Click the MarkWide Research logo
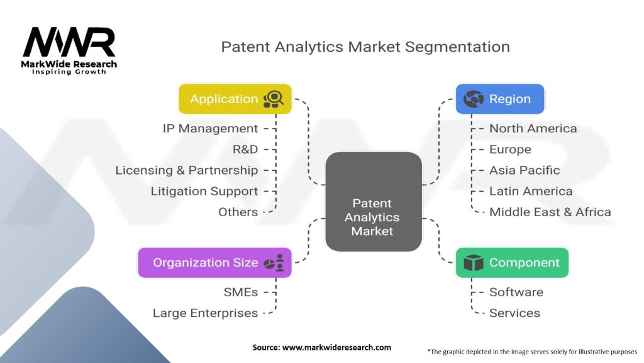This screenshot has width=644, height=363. [x=69, y=50]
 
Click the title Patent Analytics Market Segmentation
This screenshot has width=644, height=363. [x=365, y=47]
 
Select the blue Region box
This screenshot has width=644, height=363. [x=499, y=99]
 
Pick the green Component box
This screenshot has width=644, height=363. [x=512, y=263]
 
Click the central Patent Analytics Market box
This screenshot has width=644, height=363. [x=372, y=217]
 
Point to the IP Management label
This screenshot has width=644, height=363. [x=210, y=129]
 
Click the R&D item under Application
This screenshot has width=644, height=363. [x=245, y=149]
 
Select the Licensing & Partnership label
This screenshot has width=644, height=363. [x=187, y=170]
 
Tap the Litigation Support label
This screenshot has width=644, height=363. [x=204, y=191]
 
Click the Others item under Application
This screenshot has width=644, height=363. [x=238, y=212]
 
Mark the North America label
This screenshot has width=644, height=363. [x=533, y=129]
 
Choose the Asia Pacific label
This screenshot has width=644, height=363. [x=525, y=170]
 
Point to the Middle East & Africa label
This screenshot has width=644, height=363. [x=550, y=212]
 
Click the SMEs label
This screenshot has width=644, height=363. [x=240, y=292]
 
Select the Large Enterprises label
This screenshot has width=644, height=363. [x=205, y=313]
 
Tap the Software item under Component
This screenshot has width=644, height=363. [x=516, y=292]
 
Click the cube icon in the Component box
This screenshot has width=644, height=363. [x=472, y=263]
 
